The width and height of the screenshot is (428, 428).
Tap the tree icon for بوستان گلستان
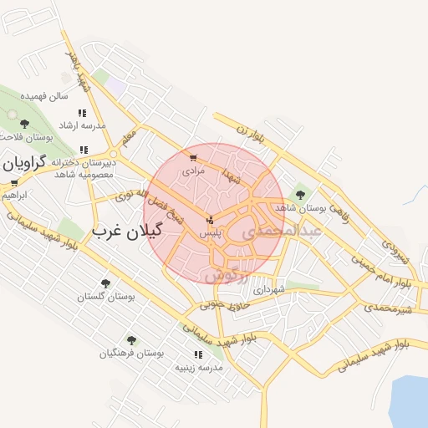(x=105, y=283)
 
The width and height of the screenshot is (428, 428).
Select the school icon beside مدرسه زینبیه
(x=198, y=354)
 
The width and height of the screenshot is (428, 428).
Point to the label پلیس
(x=209, y=235)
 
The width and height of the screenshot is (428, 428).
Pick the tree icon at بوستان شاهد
(x=300, y=195)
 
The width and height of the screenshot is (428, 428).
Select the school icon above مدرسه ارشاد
(x=82, y=113)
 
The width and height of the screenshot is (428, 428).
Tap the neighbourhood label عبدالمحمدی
(x=285, y=232)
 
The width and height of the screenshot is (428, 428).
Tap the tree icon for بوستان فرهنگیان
(x=131, y=340)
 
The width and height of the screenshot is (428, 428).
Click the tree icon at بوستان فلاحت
(x=24, y=124)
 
